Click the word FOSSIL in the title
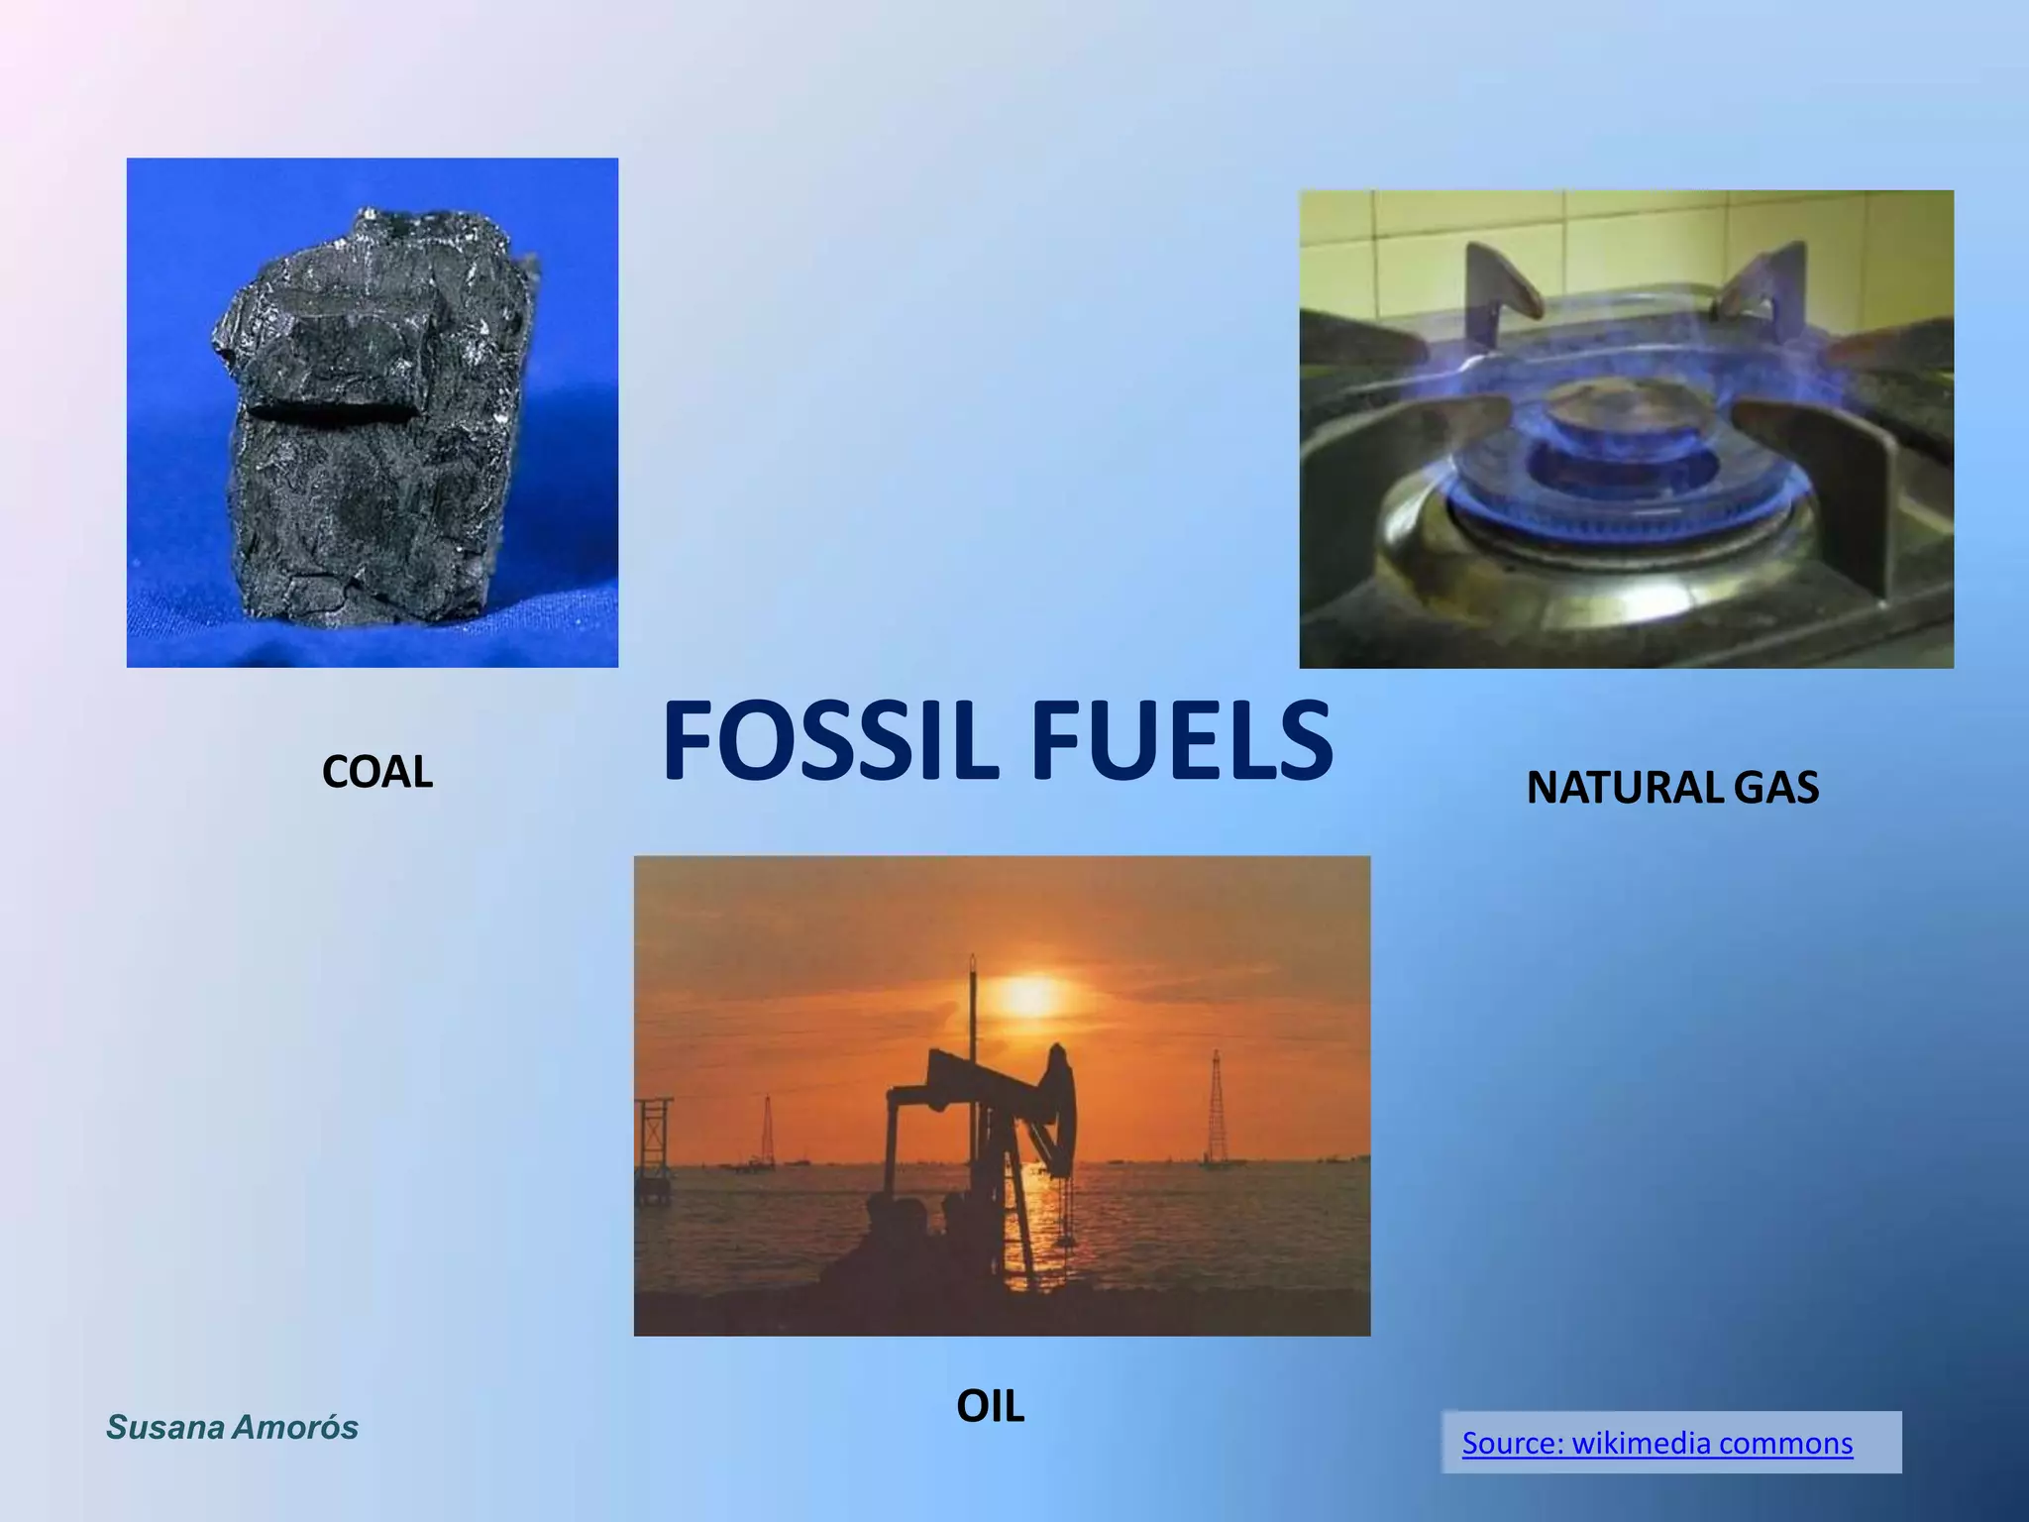pos(834,740)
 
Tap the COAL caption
pos(377,772)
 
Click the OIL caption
pos(990,1406)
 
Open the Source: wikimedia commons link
pos(1656,1443)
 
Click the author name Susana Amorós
pos(232,1427)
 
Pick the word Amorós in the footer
pos(294,1427)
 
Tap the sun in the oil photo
pos(1030,996)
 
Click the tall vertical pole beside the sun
pos(973,1031)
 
